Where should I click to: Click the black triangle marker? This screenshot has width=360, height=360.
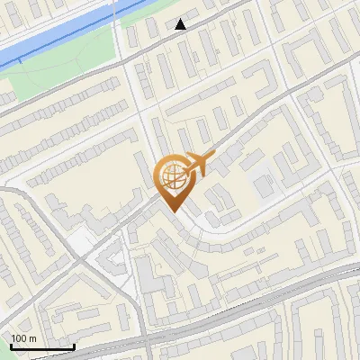point(181,24)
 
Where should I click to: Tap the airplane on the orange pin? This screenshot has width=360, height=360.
point(199,165)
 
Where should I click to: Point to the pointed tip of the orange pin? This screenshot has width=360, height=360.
point(172,211)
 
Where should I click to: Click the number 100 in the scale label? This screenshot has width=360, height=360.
point(19,338)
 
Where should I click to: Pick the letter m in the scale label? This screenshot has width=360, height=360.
point(32,338)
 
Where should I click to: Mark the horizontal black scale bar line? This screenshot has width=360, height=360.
point(41,346)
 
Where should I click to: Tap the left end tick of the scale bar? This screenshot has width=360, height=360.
point(11,345)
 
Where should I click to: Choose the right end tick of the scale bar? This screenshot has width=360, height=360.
point(73,345)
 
